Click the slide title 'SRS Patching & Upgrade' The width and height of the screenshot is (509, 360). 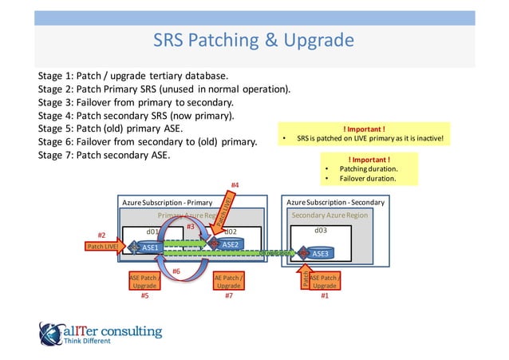(253, 40)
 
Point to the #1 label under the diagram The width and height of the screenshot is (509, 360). (324, 296)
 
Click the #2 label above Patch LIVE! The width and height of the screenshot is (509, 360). (101, 235)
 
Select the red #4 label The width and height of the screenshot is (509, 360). (235, 185)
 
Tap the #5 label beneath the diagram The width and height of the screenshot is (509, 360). (144, 296)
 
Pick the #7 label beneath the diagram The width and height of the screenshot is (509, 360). (228, 296)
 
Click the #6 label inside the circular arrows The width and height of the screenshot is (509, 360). (176, 271)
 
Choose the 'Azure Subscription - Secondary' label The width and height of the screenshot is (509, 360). (335, 203)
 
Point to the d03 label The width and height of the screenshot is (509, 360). (320, 231)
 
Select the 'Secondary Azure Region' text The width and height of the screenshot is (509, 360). (329, 215)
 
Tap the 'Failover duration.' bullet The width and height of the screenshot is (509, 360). (368, 179)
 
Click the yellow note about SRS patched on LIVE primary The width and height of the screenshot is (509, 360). (363, 134)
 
